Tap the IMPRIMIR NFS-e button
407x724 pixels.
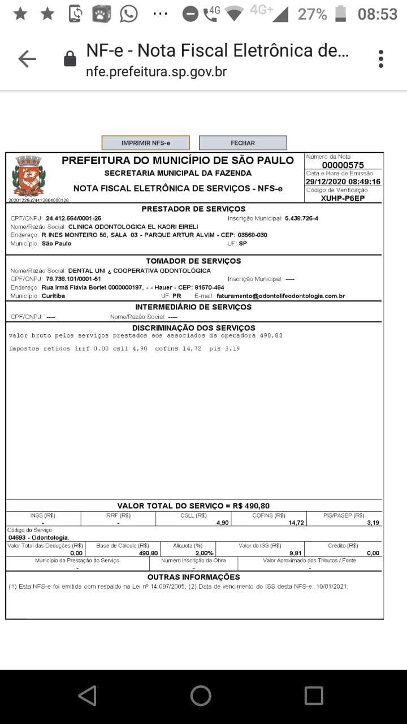145,143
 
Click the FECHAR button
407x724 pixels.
243,143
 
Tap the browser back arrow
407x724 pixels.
27,59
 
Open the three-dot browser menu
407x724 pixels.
381,59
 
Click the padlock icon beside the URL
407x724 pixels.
70,59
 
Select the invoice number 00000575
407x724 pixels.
343,165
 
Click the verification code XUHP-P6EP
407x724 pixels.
343,198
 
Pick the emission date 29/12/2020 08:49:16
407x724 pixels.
343,182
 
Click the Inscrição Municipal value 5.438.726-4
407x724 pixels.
301,218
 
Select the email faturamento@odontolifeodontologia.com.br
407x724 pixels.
280,296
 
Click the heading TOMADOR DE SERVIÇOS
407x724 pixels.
193,261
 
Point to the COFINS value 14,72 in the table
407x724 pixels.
296,523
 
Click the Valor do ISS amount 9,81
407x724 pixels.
295,553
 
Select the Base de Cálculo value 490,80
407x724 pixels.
148,553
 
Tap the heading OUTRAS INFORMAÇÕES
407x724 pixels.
193,577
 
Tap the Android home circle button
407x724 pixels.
201,696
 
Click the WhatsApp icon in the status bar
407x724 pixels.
129,14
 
